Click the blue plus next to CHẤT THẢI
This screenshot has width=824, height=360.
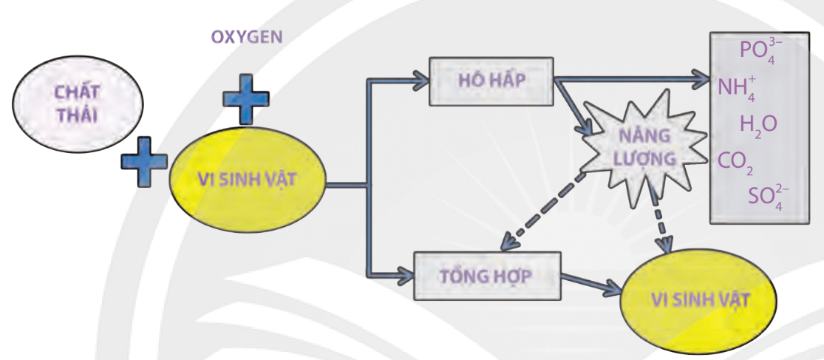point(144,160)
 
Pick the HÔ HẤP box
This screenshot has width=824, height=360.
point(491,79)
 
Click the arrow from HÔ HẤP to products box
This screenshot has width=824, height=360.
point(628,78)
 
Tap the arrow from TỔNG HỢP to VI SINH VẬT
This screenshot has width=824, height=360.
point(591,282)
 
